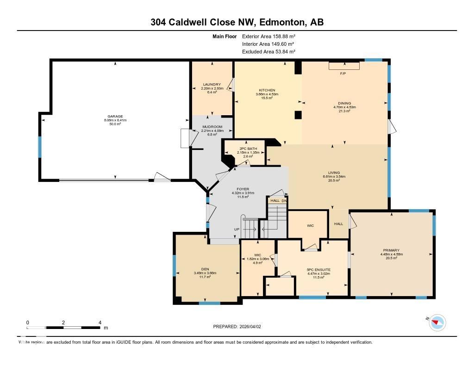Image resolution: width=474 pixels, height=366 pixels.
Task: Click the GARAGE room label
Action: tap(115, 117)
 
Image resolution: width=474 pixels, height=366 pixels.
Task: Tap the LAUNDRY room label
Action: tap(212, 85)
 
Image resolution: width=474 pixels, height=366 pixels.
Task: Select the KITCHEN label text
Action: tap(267, 90)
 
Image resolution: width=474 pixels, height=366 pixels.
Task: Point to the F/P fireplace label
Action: tap(343, 74)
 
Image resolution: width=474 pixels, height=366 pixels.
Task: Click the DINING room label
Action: tap(344, 104)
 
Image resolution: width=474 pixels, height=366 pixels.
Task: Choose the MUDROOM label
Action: tap(212, 127)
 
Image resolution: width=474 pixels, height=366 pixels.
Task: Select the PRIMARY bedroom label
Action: tap(391, 250)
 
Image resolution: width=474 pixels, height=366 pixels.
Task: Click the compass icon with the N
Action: tap(437, 322)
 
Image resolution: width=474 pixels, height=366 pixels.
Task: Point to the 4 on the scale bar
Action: tap(100, 323)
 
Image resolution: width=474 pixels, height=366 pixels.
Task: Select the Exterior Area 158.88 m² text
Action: tap(269, 36)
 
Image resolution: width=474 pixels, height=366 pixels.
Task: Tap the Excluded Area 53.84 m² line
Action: tap(269, 52)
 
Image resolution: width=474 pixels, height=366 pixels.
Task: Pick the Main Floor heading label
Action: tap(225, 36)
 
